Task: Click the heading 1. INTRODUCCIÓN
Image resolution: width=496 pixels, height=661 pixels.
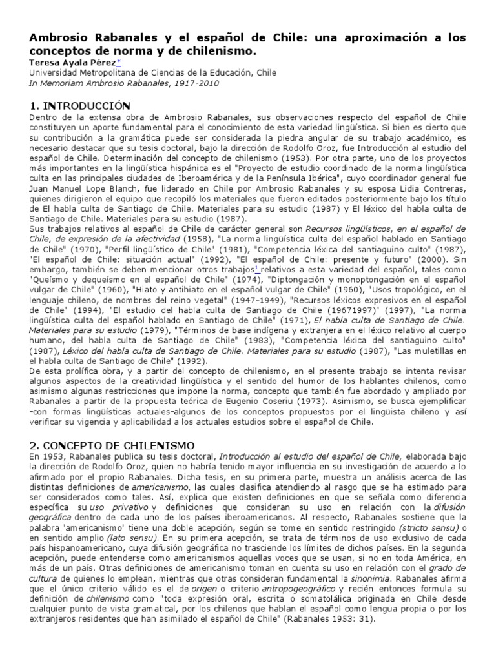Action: coord(80,105)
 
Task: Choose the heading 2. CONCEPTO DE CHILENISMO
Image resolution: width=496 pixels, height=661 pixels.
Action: coord(112,445)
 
